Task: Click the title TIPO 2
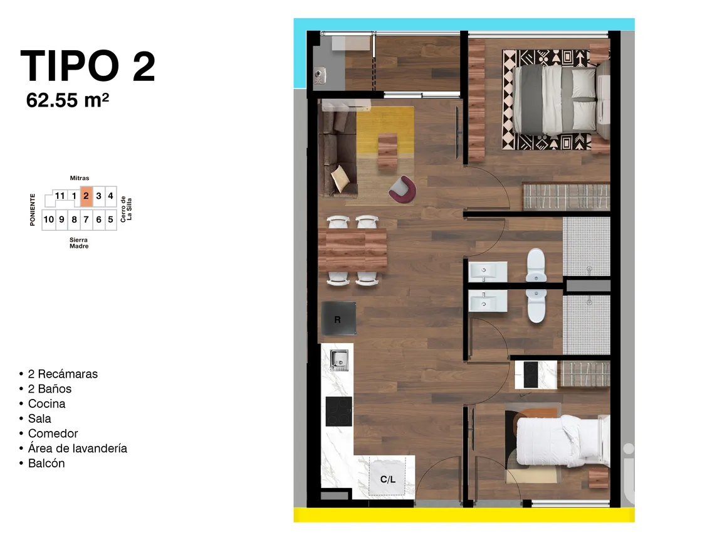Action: tap(88, 66)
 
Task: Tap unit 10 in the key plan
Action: tap(48, 220)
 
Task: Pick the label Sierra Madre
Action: tap(79, 243)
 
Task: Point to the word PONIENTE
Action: tap(33, 210)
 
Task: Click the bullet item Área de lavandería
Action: tap(77, 449)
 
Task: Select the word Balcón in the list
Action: tap(46, 464)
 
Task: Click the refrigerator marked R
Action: tap(338, 319)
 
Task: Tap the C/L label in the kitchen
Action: tap(388, 479)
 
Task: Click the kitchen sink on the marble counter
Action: tap(339, 359)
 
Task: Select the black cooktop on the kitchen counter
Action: tap(338, 412)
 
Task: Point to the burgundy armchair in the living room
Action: tap(402, 189)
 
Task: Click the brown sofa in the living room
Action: tap(337, 154)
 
